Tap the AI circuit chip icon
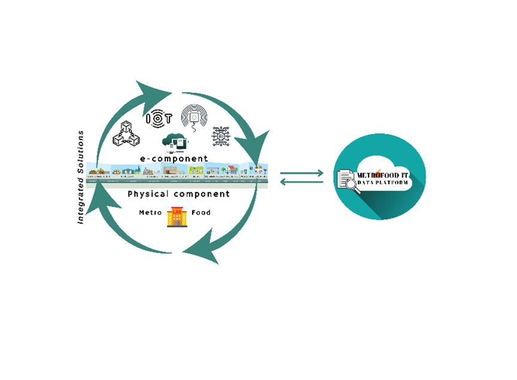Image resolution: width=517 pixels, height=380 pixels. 221,137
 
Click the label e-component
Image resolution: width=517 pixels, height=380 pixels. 174,159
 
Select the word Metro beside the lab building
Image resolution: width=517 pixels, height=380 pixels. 151,213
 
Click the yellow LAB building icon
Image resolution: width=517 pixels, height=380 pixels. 177,216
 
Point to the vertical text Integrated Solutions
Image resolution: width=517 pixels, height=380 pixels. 81,177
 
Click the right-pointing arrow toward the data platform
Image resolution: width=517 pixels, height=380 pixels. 302,174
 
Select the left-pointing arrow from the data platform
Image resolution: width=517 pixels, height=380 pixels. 302,182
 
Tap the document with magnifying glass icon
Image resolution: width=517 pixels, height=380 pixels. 348,180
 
